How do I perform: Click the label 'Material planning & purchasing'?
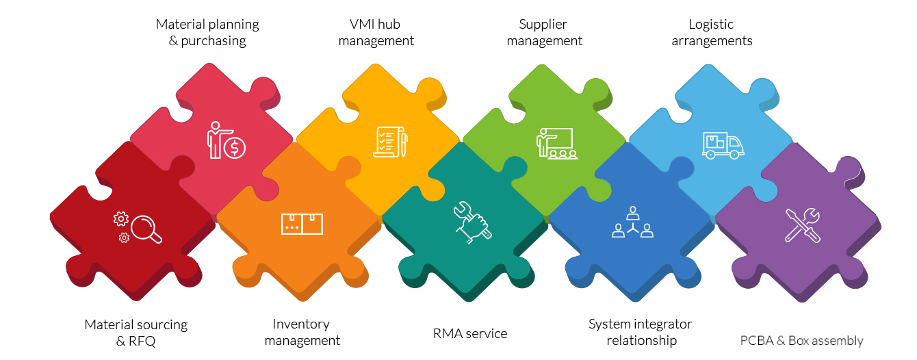coord(207,32)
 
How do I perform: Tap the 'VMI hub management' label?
coord(376,32)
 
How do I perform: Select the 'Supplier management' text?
coord(544,32)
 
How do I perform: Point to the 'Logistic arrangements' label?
coord(712,32)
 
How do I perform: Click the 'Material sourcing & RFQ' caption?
coord(135,333)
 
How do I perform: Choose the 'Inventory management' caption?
coord(302,332)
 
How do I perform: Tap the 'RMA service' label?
coord(470,334)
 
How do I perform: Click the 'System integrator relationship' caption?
coord(641,332)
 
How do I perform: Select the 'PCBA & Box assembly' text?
coord(801,341)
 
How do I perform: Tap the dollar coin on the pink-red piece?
coord(235,146)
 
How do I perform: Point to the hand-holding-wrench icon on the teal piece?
coord(472,222)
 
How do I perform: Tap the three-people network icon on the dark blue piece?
coord(632,222)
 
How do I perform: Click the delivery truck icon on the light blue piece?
coord(723,145)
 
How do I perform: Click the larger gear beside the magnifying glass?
coord(121,219)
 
